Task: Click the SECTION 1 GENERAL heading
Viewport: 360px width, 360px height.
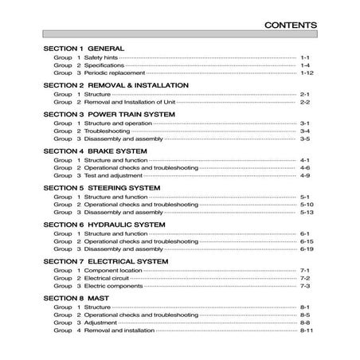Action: (x=89, y=47)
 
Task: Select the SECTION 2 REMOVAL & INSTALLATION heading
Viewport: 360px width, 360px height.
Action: (x=116, y=84)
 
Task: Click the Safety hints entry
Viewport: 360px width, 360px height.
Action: (x=100, y=57)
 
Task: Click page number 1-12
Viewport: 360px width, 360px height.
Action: (x=307, y=72)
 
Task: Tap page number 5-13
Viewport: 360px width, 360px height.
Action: (x=307, y=213)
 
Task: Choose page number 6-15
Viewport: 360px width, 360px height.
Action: (x=307, y=241)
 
